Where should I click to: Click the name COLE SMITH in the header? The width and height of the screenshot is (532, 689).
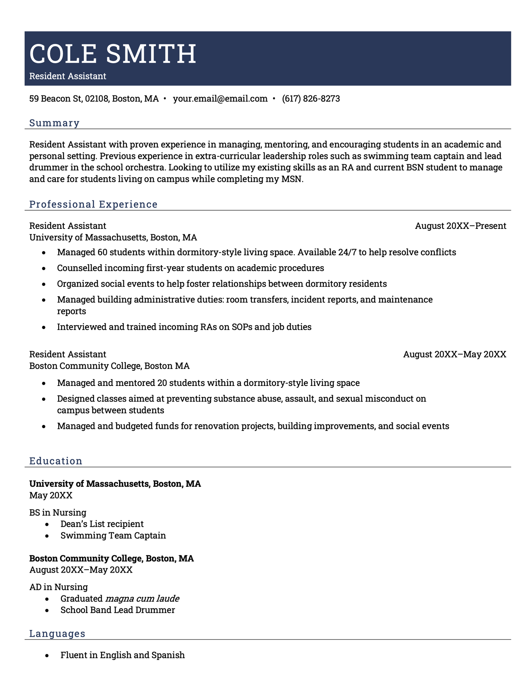(113, 54)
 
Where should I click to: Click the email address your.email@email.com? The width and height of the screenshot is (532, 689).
(220, 99)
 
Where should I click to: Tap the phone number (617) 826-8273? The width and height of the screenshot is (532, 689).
(311, 99)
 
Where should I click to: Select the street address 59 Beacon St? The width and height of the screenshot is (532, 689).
(56, 99)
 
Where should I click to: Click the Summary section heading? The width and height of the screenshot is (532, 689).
(54, 123)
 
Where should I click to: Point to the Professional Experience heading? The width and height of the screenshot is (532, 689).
(93, 204)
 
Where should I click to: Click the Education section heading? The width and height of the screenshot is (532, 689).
(56, 461)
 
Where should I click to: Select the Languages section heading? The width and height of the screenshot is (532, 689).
(57, 633)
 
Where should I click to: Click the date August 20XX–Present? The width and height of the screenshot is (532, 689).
(460, 226)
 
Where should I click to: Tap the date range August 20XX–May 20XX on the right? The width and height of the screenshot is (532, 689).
(454, 354)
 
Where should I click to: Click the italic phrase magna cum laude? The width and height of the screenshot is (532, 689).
(142, 599)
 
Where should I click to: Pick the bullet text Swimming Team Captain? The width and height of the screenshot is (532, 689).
(113, 535)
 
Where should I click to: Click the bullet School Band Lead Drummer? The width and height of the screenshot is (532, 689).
(117, 610)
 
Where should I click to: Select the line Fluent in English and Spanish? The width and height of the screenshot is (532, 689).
(122, 655)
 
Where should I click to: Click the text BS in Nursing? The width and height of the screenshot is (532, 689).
(58, 513)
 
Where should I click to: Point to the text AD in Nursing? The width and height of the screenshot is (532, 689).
(59, 587)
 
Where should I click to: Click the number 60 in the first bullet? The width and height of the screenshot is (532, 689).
(103, 252)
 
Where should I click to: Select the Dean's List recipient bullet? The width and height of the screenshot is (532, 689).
(102, 524)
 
